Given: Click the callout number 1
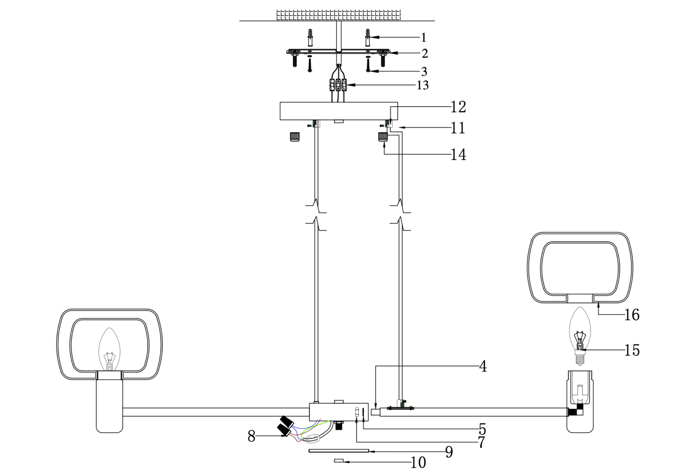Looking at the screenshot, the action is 424,38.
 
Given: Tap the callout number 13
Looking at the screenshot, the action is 423,85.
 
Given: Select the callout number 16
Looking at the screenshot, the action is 632,315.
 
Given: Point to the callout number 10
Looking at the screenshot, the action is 418,462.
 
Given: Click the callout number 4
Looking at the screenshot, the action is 483,366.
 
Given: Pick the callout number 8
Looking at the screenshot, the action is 252,436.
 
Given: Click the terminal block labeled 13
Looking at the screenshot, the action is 338,85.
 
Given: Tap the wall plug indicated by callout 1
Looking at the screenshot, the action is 368,37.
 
